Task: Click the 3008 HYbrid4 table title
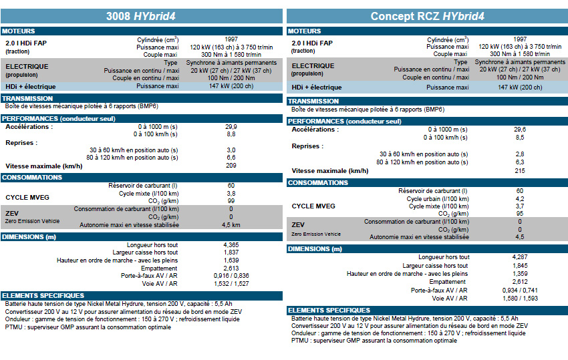[x=141, y=16]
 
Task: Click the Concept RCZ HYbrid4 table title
[x=428, y=16]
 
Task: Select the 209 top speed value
[x=231, y=166]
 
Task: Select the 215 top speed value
[x=520, y=170]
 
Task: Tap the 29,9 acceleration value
[x=231, y=127]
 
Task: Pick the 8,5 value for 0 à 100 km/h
[x=520, y=138]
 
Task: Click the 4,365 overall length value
[x=231, y=245]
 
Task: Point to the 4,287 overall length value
[x=520, y=256]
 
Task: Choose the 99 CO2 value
[x=231, y=200]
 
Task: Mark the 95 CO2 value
[x=520, y=214]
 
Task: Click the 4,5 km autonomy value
[x=231, y=225]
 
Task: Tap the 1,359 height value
[x=520, y=274]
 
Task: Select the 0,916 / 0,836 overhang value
[x=231, y=276]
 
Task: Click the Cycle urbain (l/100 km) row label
[x=438, y=199]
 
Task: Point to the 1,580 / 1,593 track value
[x=520, y=299]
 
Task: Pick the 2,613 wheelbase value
[x=231, y=268]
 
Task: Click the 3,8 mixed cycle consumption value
[x=231, y=194]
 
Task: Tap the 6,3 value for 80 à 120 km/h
[x=520, y=162]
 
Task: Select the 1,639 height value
[x=231, y=260]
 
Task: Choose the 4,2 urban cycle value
[x=520, y=199]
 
